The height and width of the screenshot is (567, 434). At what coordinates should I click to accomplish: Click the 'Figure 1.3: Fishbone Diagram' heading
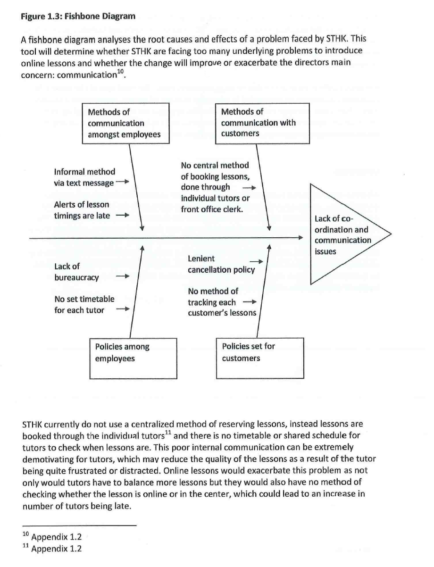click(x=78, y=17)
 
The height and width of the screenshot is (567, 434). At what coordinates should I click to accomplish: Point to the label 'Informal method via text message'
click(x=85, y=177)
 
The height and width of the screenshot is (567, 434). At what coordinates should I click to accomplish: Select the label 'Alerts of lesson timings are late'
click(x=83, y=210)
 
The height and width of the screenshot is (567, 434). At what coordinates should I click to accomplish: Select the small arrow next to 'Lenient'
click(x=256, y=260)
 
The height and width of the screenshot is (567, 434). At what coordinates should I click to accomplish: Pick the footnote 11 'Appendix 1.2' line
click(x=53, y=549)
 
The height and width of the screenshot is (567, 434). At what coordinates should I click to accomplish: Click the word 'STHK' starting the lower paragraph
click(x=33, y=424)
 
